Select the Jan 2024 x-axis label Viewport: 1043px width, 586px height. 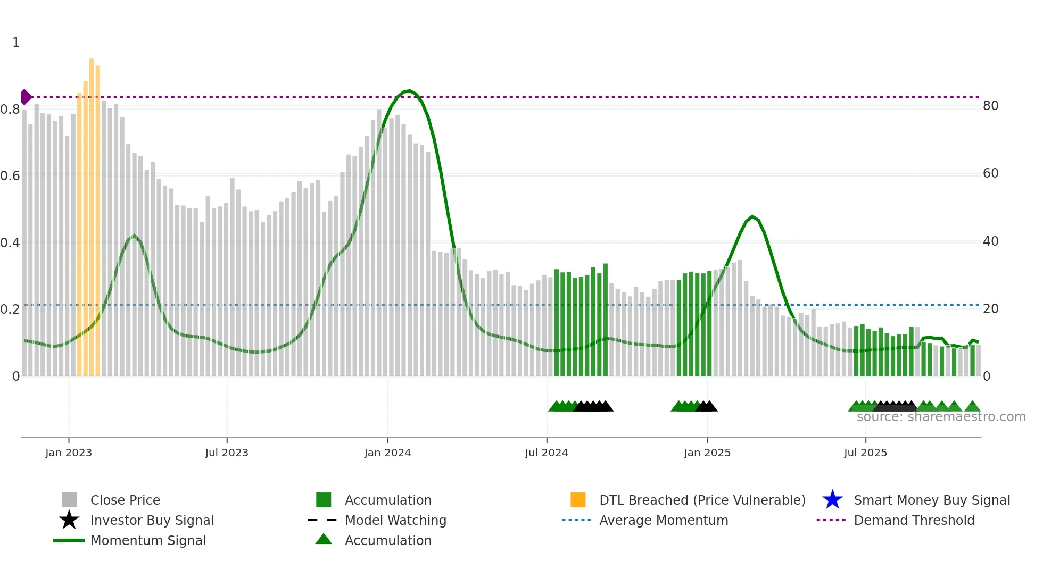(387, 453)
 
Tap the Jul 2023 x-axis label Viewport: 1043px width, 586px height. (227, 453)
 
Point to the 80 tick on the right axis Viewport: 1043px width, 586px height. (990, 106)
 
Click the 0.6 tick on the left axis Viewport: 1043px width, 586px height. (10, 176)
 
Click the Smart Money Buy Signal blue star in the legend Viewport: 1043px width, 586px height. (832, 500)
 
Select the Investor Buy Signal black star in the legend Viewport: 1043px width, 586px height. (69, 521)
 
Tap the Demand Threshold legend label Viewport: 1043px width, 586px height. (914, 521)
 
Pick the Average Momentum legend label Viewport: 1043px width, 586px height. (663, 521)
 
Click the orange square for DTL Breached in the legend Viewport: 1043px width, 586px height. (578, 500)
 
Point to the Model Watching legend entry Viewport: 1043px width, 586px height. (395, 521)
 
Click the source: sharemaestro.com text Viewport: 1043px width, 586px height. (941, 417)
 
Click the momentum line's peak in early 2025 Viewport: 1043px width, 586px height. (752, 216)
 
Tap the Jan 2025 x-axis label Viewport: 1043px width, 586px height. (707, 453)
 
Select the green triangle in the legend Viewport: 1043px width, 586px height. (324, 540)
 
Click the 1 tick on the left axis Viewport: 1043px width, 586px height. (16, 43)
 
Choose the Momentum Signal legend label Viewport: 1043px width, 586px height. (148, 541)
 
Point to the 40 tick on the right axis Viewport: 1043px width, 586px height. (990, 241)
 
